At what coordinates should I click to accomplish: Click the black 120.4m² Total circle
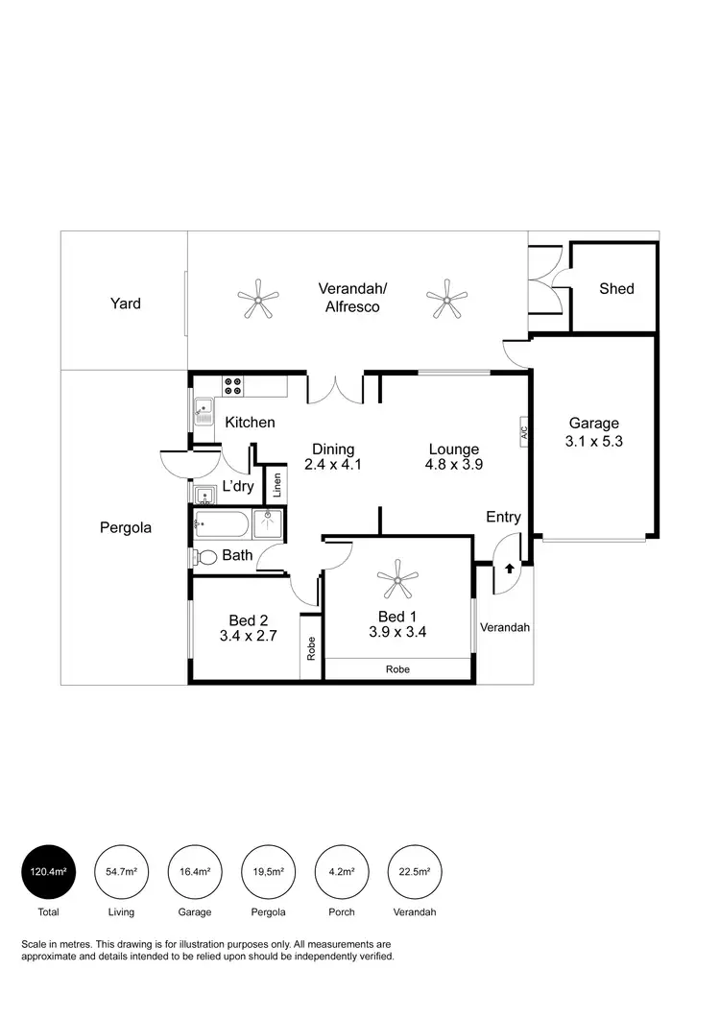pos(48,872)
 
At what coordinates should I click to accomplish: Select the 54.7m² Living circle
pos(121,872)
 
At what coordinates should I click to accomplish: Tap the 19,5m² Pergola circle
pos(267,872)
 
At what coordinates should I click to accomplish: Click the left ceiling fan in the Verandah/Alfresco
pos(258,299)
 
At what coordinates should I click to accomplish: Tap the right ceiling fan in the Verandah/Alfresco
pos(445,299)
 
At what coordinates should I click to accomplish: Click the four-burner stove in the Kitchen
pos(233,385)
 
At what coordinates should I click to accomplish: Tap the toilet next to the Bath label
pos(205,557)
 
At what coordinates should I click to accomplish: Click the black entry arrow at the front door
pos(509,569)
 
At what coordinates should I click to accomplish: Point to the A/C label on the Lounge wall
pos(524,431)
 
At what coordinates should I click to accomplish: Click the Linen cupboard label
pos(276,484)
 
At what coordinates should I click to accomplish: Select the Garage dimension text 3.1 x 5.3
pos(594,442)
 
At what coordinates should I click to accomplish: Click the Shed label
pos(616,288)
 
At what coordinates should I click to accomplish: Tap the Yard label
pos(125,303)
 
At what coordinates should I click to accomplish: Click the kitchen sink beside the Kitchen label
pos(204,413)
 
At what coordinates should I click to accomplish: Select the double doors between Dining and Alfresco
pos(335,390)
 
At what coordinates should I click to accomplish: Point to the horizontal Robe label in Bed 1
pos(397,669)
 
